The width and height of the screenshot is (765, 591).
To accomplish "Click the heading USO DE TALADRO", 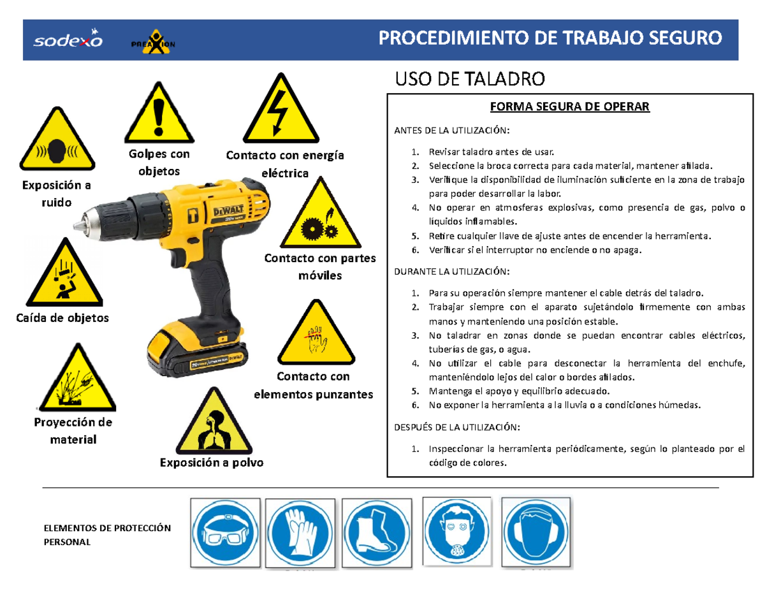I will [x=470, y=80].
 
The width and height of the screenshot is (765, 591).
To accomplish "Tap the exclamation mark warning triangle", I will [x=159, y=117].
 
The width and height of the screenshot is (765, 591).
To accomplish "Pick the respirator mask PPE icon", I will [x=457, y=532].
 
